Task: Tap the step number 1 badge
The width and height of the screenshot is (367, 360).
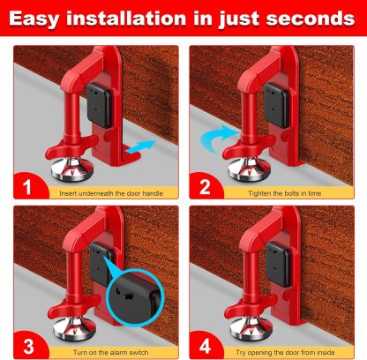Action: [26, 187]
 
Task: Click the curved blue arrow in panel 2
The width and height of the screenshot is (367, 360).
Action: [217, 137]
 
